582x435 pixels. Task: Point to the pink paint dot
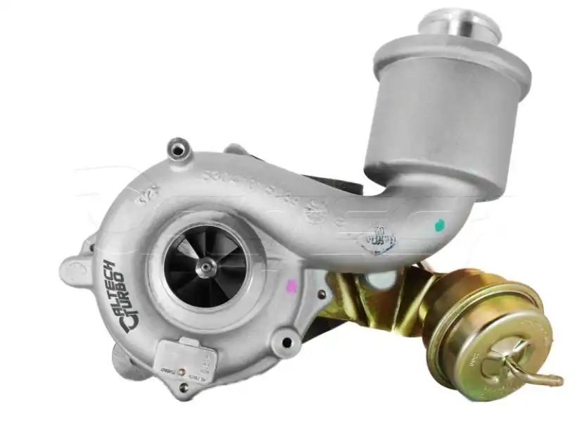pyautogui.click(x=290, y=286)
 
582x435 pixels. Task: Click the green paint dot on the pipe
pyautogui.click(x=441, y=225)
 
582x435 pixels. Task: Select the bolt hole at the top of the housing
pyautogui.click(x=180, y=150)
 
